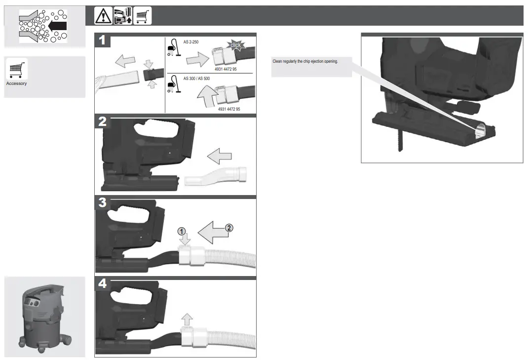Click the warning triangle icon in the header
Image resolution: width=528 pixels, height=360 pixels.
pos(104,16)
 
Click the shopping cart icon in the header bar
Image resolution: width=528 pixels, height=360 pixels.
pos(143,16)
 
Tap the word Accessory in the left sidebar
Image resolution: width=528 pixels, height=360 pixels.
pos(16,83)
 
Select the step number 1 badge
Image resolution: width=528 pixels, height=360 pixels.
pos(102,40)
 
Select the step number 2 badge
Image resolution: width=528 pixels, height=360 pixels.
pos(102,122)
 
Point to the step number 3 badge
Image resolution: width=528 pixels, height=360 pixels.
pos(102,202)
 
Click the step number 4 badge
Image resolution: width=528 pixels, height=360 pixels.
pos(102,283)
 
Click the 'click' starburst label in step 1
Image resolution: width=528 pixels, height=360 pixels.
pos(236,45)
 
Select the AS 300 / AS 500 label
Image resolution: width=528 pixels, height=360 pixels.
pos(196,79)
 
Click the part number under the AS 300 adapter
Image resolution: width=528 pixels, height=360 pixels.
pos(229,109)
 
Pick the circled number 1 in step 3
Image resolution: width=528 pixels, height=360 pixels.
pos(182,231)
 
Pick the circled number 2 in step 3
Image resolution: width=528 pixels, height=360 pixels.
pos(228,228)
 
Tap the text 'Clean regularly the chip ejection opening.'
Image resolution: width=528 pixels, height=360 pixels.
pos(305,61)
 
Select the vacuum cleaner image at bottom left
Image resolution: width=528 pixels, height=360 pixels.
pos(44,316)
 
